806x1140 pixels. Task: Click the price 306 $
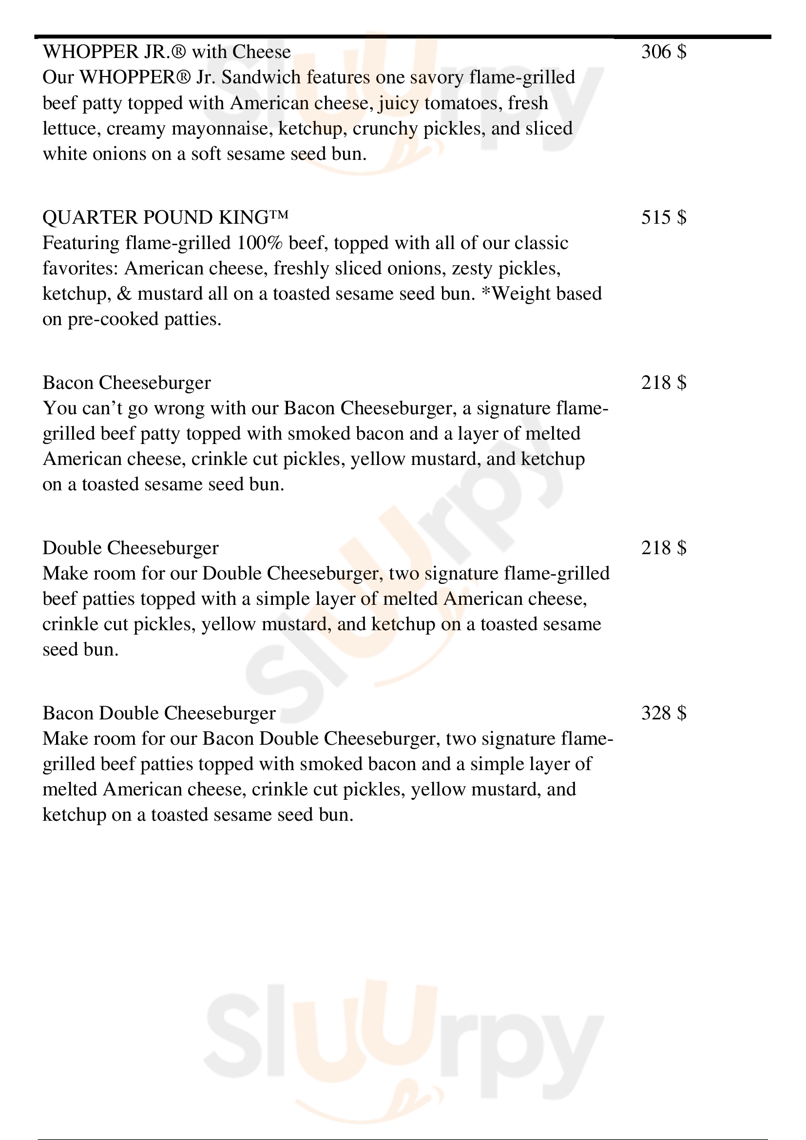pos(664,52)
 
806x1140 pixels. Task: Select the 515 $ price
pos(664,217)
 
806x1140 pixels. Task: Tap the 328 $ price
pos(664,713)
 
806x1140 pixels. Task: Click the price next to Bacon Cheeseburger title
pos(664,382)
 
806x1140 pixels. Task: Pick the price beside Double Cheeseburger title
pos(664,548)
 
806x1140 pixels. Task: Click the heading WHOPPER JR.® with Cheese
pos(167,52)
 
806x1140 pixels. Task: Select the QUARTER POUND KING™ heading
pos(166,217)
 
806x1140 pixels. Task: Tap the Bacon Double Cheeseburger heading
pos(159,713)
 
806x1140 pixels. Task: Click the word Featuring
pos(81,243)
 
